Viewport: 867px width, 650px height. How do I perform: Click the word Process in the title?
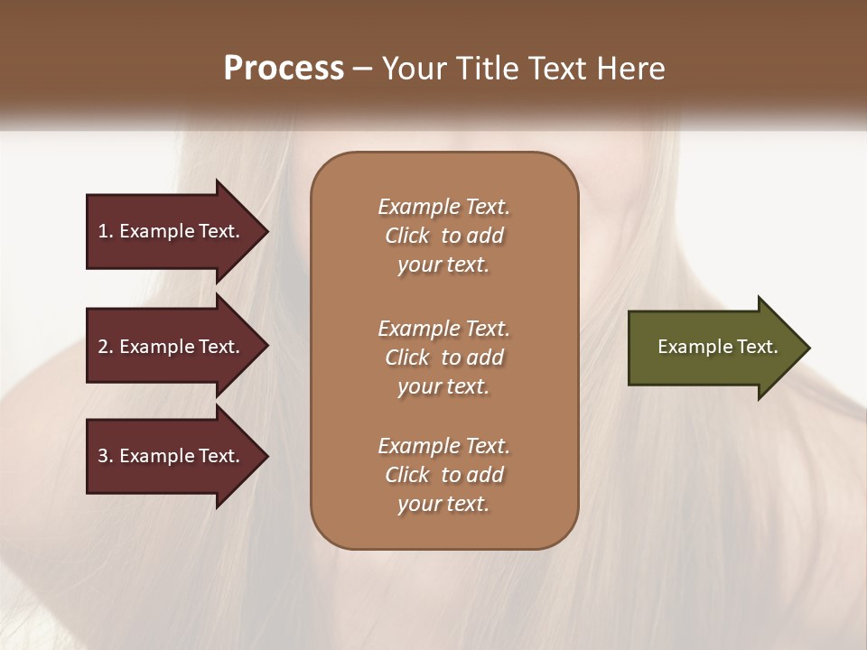(284, 69)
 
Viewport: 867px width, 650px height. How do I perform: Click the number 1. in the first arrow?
(106, 231)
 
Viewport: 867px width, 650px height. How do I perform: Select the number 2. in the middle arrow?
(106, 347)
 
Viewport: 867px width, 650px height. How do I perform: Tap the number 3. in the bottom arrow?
(106, 456)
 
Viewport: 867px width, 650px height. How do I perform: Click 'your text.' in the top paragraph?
(443, 265)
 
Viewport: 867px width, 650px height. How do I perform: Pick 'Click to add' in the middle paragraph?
(443, 357)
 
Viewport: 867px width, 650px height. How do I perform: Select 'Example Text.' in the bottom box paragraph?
(443, 446)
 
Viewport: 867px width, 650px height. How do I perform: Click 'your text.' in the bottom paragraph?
(443, 505)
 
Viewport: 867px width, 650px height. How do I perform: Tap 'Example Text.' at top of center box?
(443, 207)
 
